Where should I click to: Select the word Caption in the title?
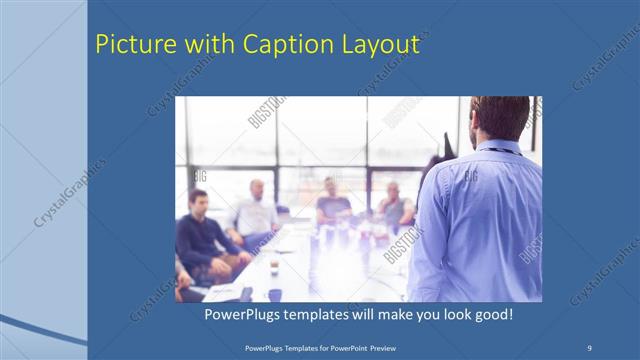(272, 45)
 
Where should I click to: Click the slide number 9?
(590, 347)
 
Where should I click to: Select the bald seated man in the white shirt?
(256, 210)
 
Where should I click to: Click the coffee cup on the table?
(273, 267)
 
